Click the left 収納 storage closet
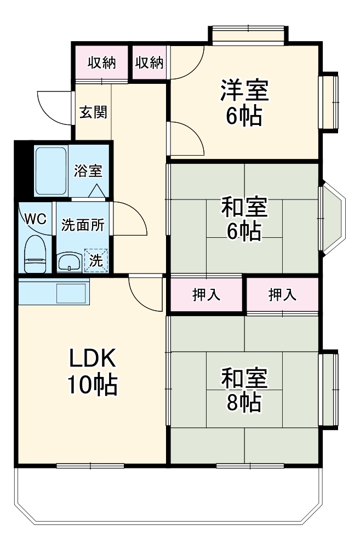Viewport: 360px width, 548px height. [101, 63]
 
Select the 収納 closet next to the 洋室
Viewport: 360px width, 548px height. [150, 63]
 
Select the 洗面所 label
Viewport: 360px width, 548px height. [83, 225]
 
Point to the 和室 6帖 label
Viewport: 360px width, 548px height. [244, 219]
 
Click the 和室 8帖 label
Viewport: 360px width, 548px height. [244, 390]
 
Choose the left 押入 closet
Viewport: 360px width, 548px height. [207, 295]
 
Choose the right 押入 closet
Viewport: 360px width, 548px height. [282, 295]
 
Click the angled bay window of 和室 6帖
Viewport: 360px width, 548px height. [333, 218]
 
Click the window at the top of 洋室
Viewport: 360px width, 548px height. [248, 35]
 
